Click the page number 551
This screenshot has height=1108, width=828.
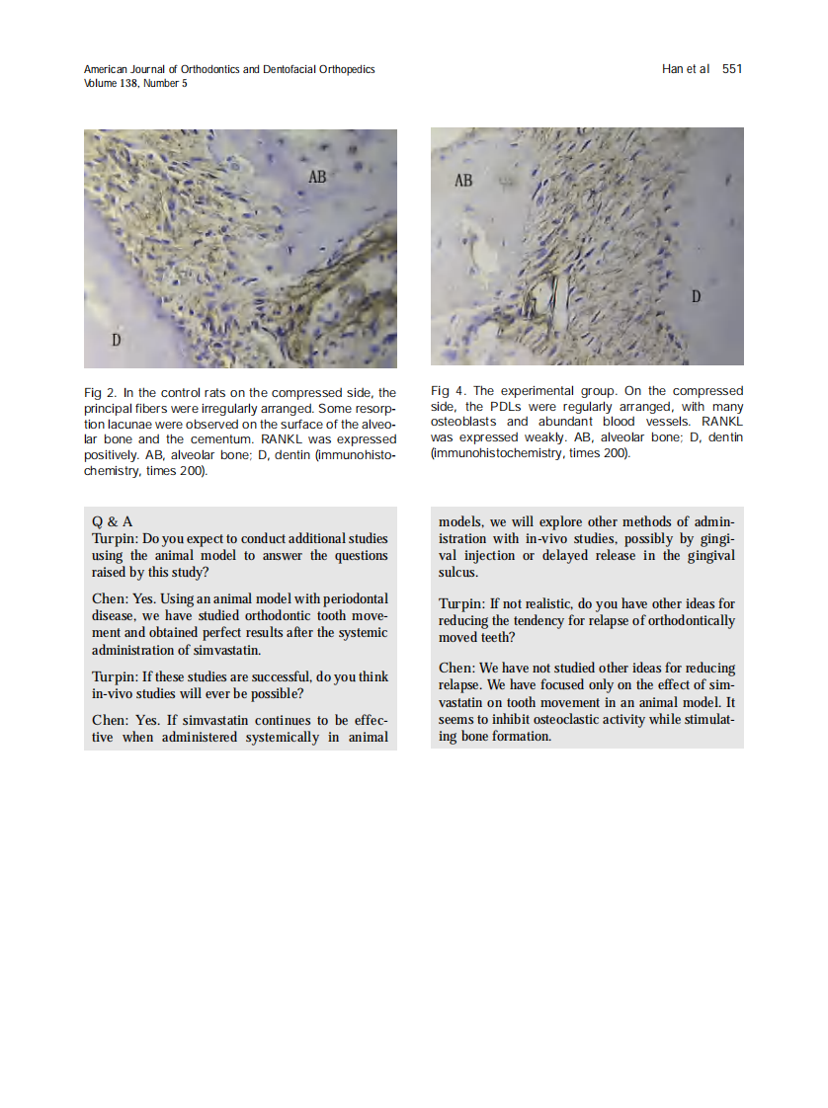pos(732,69)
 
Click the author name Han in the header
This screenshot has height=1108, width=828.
pos(673,69)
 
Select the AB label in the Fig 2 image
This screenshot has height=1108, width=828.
pos(317,177)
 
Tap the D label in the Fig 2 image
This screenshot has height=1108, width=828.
pos(116,341)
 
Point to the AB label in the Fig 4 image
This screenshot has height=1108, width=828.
pos(462,181)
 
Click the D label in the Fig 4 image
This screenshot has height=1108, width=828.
pos(696,296)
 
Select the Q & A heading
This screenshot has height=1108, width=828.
pos(112,521)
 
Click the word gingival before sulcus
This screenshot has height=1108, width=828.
pos(708,555)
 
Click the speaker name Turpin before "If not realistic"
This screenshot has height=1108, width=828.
pos(461,603)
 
